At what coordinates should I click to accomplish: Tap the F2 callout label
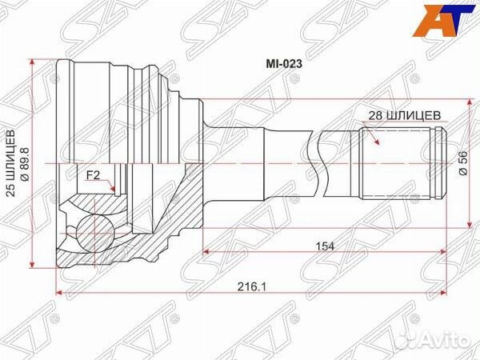pyautogui.click(x=95, y=174)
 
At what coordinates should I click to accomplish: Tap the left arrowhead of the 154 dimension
pyautogui.click(x=206, y=253)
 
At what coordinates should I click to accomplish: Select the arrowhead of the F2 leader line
pyautogui.click(x=117, y=193)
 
